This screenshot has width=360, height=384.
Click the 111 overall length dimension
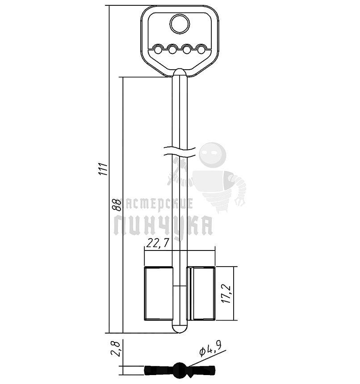click(103, 169)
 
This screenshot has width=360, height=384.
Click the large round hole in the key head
click(180, 24)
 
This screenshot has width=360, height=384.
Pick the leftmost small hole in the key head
click(158, 50)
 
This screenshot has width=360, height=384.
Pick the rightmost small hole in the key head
click(201, 50)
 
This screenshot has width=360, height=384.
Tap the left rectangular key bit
click(159, 293)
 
